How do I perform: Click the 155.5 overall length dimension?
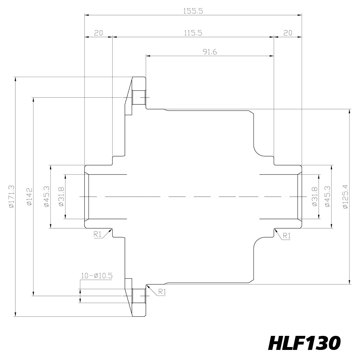tap(193, 11)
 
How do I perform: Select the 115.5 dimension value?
tap(193, 33)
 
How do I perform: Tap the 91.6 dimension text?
tap(210, 52)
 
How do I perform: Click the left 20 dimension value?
tap(99, 33)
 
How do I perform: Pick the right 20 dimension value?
tap(288, 33)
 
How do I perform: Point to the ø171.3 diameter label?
tap(12, 197)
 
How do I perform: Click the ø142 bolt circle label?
tap(30, 197)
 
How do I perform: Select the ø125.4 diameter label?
tap(345, 197)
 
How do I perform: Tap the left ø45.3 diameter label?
tap(46, 197)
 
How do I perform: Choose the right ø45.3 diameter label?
tap(328, 197)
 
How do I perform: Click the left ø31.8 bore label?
tap(61, 197)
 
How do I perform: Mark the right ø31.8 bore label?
tap(315, 197)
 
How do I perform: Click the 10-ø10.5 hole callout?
tap(96, 276)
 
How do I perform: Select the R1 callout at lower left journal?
tap(98, 234)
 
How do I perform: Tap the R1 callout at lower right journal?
tap(287, 235)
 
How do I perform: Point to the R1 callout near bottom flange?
tap(162, 292)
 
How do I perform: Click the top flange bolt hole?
tap(139, 98)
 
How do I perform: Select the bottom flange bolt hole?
tap(139, 296)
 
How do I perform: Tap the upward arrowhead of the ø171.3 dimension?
tap(15, 79)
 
